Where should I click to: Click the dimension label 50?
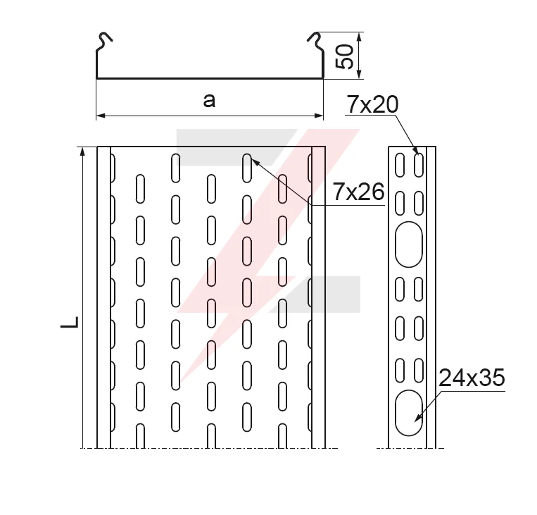point(345,56)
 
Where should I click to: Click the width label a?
point(209,101)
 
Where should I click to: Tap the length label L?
point(70,322)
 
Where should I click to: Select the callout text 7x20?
point(372,104)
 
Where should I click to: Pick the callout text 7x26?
point(358,192)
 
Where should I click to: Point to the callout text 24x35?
point(472,378)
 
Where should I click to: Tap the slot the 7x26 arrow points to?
point(247,168)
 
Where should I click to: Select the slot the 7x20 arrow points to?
point(419,165)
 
